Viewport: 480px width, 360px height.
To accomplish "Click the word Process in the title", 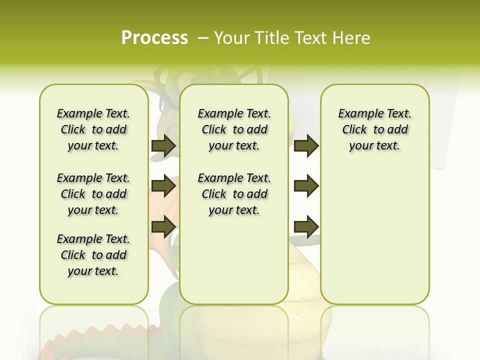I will tap(154, 37).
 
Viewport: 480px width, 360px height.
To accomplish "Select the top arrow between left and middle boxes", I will tap(163, 145).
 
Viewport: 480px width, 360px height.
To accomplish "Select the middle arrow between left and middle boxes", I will tap(163, 186).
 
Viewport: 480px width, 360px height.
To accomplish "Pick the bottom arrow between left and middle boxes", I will tap(163, 226).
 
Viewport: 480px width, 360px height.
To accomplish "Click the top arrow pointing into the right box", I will tap(306, 145).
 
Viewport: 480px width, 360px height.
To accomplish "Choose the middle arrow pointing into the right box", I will tap(306, 186).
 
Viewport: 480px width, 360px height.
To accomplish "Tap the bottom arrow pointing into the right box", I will tap(306, 226).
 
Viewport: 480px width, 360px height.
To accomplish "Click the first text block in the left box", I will tap(93, 129).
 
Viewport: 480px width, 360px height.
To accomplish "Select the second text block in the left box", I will tap(93, 194).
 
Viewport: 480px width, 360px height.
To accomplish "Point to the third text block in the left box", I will tap(93, 255).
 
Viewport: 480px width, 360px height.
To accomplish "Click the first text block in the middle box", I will tap(234, 129).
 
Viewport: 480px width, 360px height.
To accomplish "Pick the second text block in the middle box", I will tap(234, 194).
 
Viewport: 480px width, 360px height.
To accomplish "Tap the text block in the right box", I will tap(374, 129).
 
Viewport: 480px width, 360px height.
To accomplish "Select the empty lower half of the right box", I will tap(374, 240).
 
